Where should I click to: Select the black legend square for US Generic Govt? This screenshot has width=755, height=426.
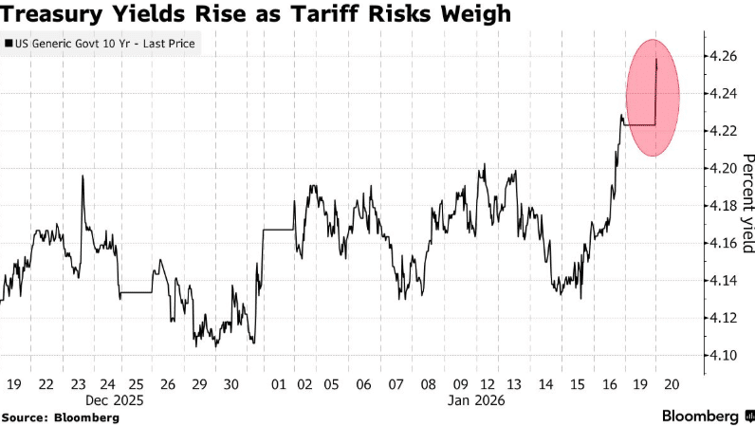coord(9,44)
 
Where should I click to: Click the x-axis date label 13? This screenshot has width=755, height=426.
coord(514,385)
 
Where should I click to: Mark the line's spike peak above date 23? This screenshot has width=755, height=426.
coord(83,176)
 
